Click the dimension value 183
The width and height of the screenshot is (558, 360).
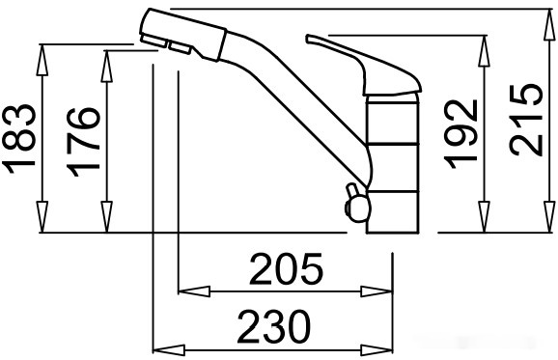[19, 138]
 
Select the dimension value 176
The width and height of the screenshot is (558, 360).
[83, 142]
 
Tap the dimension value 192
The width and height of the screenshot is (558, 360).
[460, 134]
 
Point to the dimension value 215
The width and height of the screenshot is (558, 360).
[525, 120]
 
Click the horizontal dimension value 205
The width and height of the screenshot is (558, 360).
[286, 269]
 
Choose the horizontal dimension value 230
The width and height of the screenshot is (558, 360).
[273, 326]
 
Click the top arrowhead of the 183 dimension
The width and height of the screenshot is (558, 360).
[42, 60]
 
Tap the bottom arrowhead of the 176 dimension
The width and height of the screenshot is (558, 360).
[107, 216]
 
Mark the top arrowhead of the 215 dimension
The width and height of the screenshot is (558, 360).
[550, 25]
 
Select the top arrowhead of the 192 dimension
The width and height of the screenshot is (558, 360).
[484, 51]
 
